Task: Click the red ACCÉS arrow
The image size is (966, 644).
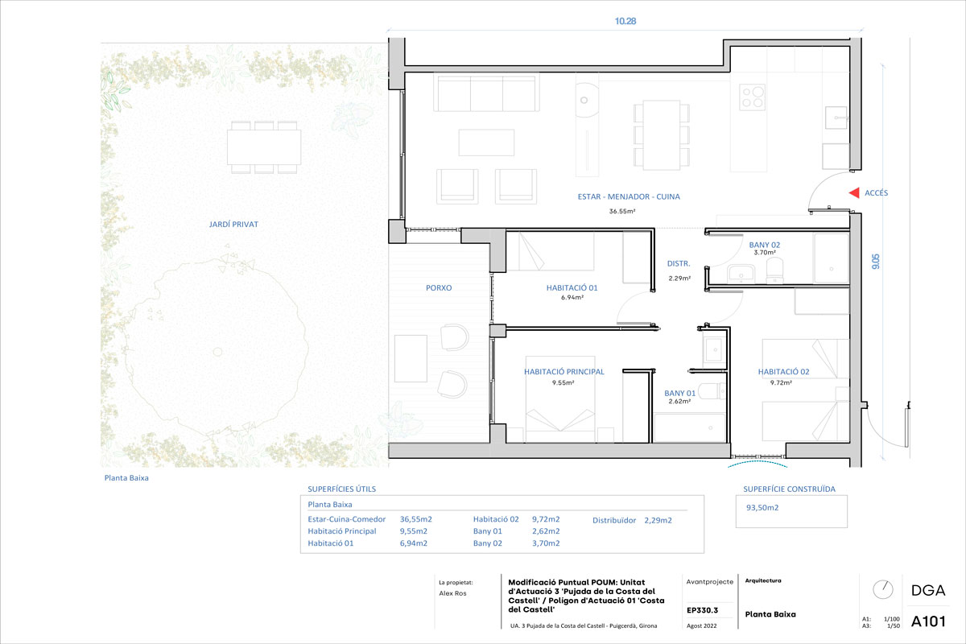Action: [854, 193]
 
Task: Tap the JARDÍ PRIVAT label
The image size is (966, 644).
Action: [233, 225]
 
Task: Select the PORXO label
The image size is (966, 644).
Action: [439, 287]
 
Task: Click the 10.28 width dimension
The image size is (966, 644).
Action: [625, 21]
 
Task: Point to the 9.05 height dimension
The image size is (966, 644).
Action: [876, 262]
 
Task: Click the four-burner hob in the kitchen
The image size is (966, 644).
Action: [752, 97]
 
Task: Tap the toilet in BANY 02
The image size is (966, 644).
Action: [775, 270]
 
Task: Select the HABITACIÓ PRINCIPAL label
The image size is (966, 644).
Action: [563, 371]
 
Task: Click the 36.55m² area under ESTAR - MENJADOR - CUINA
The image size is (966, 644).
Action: [622, 212]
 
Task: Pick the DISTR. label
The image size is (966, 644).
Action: [679, 263]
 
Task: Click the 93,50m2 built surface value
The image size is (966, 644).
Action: [762, 508]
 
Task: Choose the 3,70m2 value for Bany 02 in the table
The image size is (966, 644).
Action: [546, 543]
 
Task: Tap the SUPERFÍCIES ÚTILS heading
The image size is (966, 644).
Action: [341, 489]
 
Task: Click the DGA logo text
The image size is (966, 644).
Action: [928, 591]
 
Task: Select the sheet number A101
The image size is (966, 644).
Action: [928, 621]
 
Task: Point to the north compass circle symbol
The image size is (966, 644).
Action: [883, 589]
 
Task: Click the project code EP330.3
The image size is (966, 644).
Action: [703, 610]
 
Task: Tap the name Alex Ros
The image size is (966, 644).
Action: [452, 593]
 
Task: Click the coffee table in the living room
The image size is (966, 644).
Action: [486, 142]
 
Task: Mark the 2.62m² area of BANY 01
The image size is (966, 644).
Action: [679, 401]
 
